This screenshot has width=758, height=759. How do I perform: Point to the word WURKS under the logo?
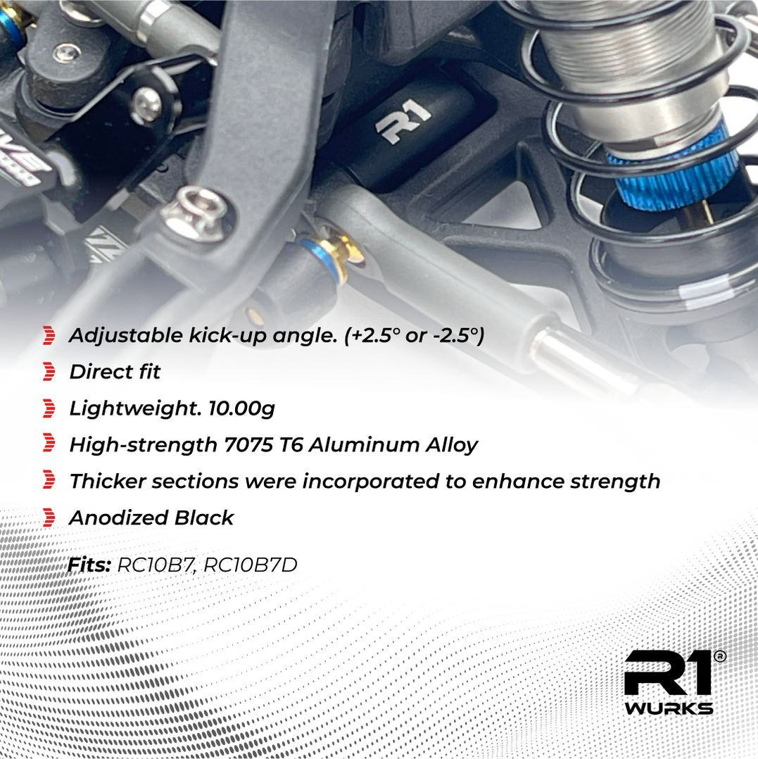click(x=668, y=708)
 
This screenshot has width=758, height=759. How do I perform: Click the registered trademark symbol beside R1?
click(x=719, y=656)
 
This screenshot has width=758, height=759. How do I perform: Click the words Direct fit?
click(x=115, y=372)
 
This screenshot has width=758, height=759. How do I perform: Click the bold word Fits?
click(x=89, y=564)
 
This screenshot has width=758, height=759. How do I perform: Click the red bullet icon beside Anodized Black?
click(x=49, y=518)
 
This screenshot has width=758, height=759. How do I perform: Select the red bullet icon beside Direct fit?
click(x=49, y=372)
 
